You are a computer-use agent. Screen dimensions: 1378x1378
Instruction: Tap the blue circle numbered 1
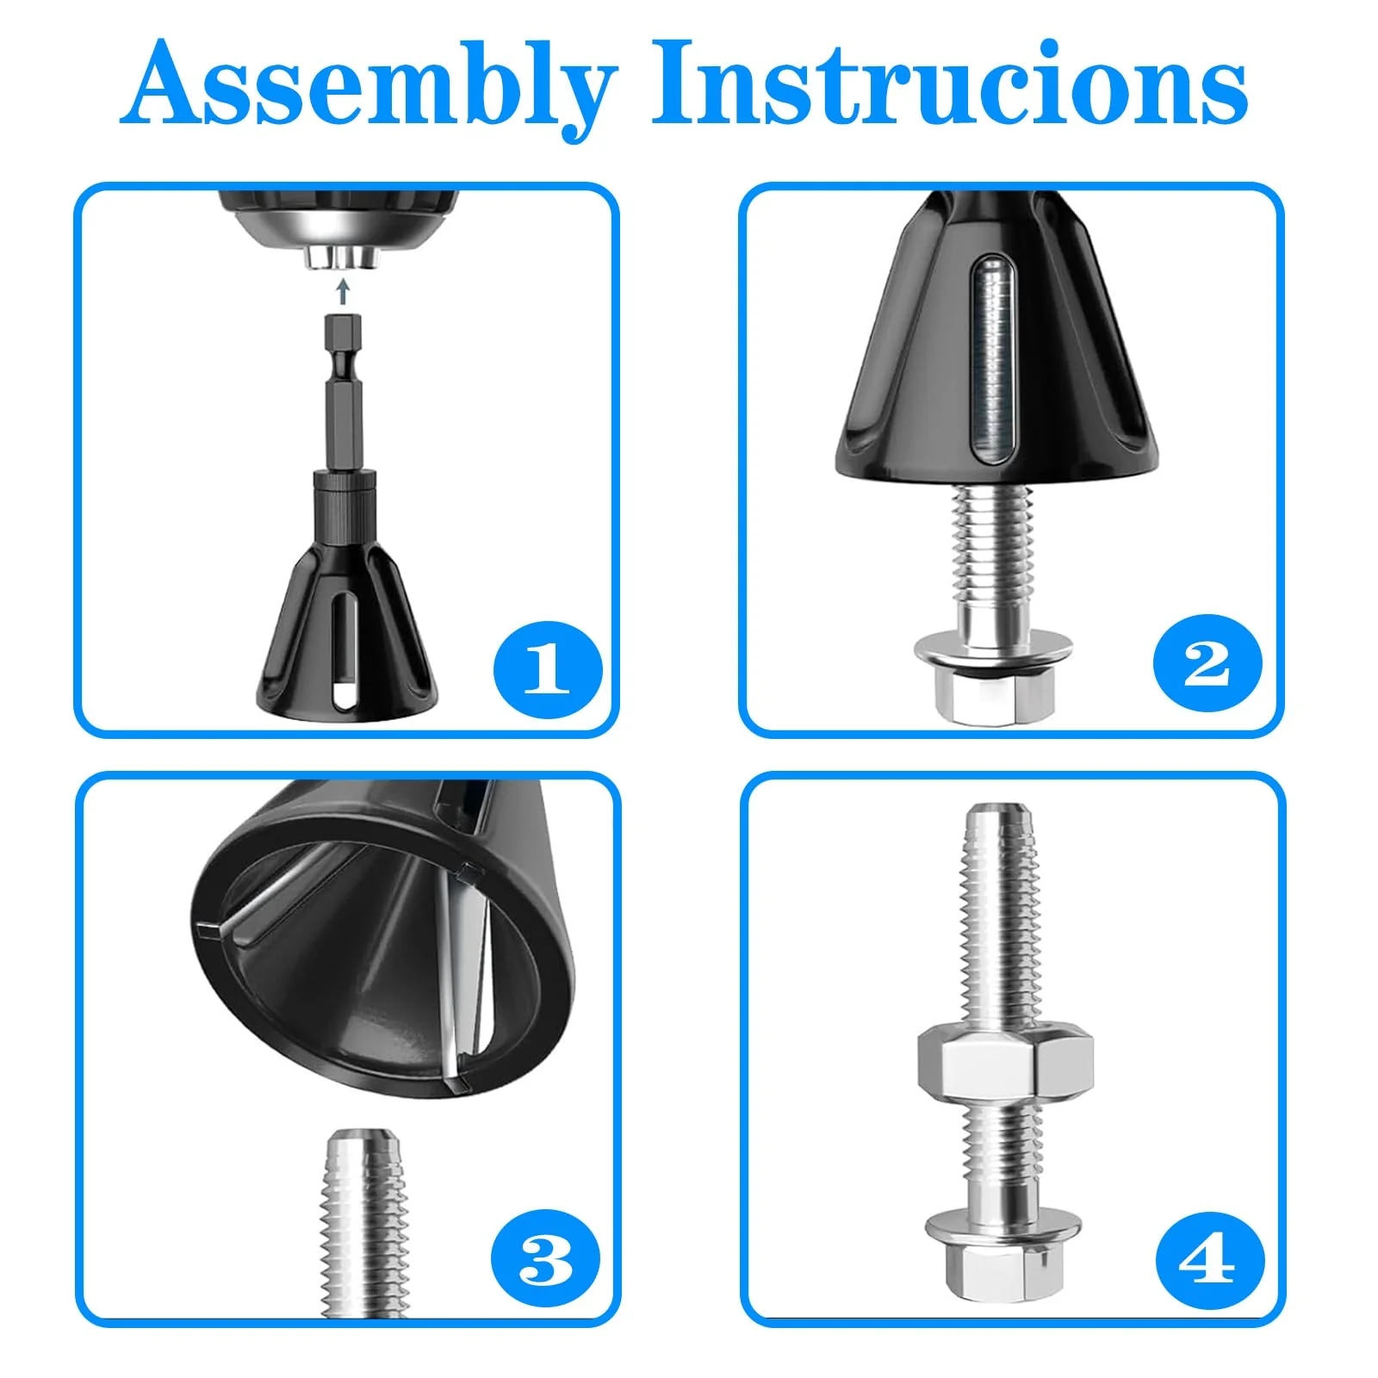pyautogui.click(x=547, y=670)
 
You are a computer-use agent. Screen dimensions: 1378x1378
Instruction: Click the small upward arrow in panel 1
pyautogui.click(x=344, y=291)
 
